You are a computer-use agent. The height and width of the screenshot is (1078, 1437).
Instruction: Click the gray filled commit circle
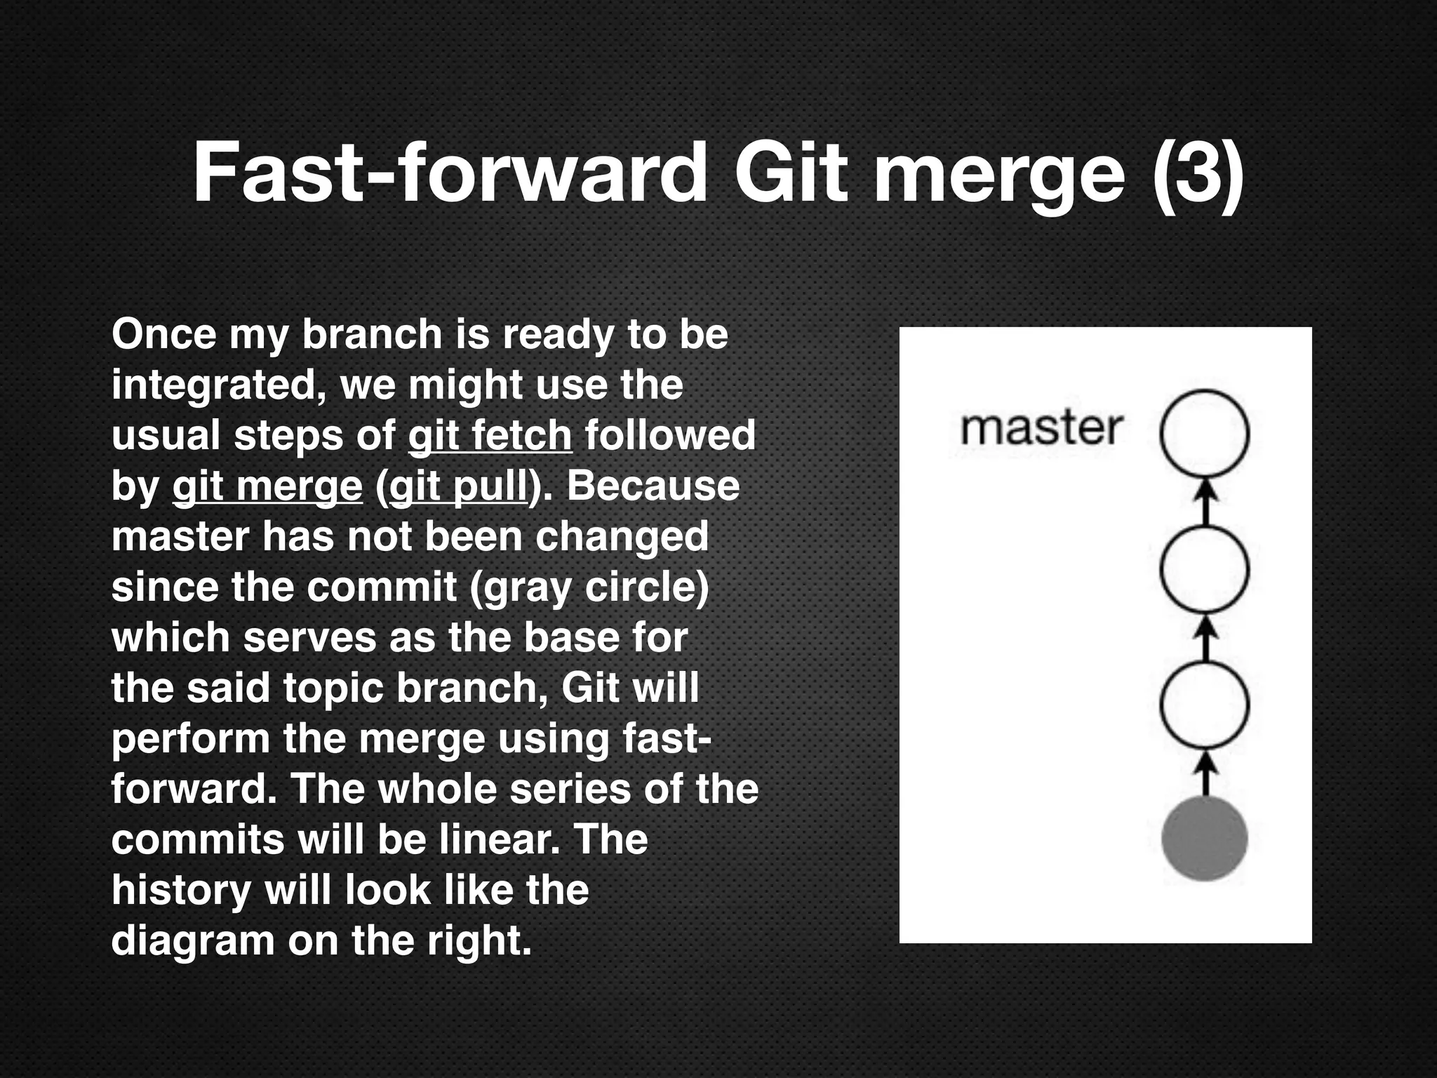click(1204, 839)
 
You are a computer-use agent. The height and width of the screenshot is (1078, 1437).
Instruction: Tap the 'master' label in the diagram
click(1041, 428)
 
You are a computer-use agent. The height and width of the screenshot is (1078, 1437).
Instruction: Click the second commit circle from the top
click(1204, 568)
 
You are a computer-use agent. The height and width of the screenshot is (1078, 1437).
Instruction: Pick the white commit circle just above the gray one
click(1204, 704)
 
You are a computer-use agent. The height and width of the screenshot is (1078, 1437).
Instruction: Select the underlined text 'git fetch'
click(490, 435)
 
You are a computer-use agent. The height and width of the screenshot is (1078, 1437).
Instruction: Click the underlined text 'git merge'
click(267, 486)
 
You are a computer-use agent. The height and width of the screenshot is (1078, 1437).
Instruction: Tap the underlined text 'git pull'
click(457, 486)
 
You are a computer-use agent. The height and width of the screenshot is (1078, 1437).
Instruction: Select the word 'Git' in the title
click(789, 173)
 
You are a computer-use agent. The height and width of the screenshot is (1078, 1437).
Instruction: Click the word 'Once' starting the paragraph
click(164, 334)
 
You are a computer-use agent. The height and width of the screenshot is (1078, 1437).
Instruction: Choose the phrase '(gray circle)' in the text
click(589, 587)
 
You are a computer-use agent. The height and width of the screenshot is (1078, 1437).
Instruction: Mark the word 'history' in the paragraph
click(181, 890)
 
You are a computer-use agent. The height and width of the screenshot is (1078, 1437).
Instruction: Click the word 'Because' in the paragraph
click(653, 486)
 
